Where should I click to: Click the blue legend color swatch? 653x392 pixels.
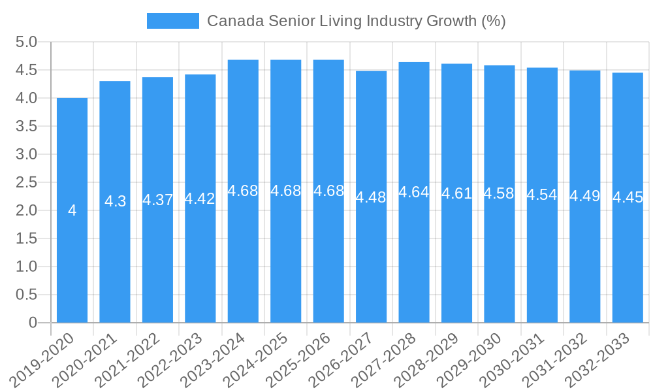pyautogui.click(x=172, y=21)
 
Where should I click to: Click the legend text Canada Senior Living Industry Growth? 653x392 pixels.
pyautogui.click(x=356, y=21)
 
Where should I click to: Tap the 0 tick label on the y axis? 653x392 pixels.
pyautogui.click(x=33, y=323)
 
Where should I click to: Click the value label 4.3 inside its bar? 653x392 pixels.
pyautogui.click(x=115, y=201)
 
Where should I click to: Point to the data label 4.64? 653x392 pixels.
pyautogui.click(x=414, y=192)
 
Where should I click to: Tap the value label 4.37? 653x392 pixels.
pyautogui.click(x=157, y=200)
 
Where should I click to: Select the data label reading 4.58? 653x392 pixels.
pyautogui.click(x=500, y=193)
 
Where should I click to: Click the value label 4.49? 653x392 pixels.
pyautogui.click(x=585, y=196)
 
